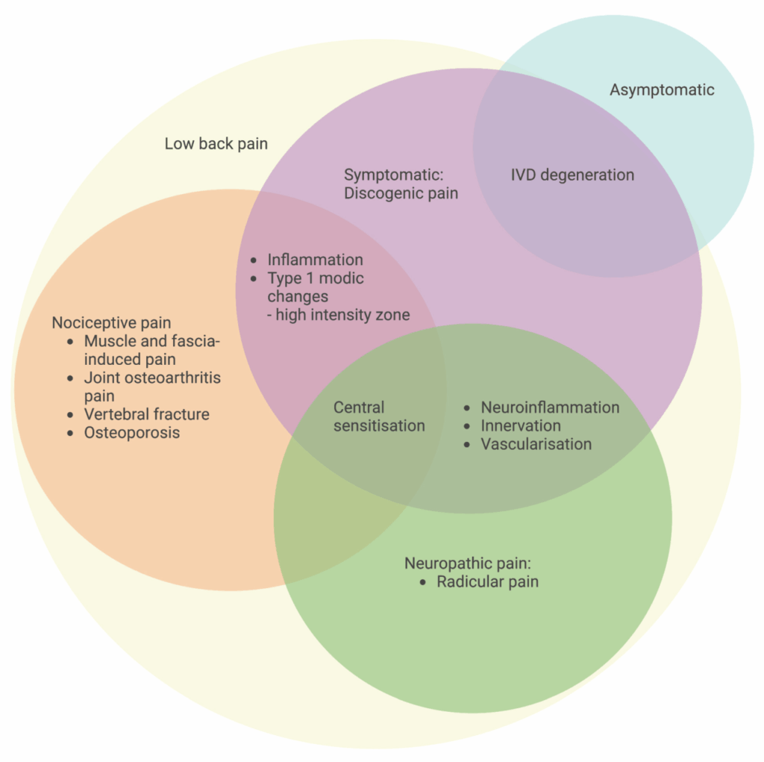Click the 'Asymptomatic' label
pos(662,90)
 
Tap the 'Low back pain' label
pos(216,144)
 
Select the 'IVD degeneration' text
pos(572,175)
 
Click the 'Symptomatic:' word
pos(393,175)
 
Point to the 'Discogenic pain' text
pos(401,193)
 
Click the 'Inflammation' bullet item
pos(315,260)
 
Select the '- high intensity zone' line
pos(338,315)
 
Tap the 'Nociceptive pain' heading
pos(111,323)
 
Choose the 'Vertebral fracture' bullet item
pos(146,414)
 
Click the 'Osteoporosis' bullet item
pos(132,433)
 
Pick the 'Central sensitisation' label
pos(379,416)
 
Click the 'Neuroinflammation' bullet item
pos(550,407)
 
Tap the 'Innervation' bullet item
pos(521,426)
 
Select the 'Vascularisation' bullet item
pos(536,444)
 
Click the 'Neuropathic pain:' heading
pos(466,563)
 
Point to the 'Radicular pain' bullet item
pos(487,581)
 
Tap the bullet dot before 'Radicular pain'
pos(423,582)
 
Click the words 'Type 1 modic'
pos(316,278)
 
